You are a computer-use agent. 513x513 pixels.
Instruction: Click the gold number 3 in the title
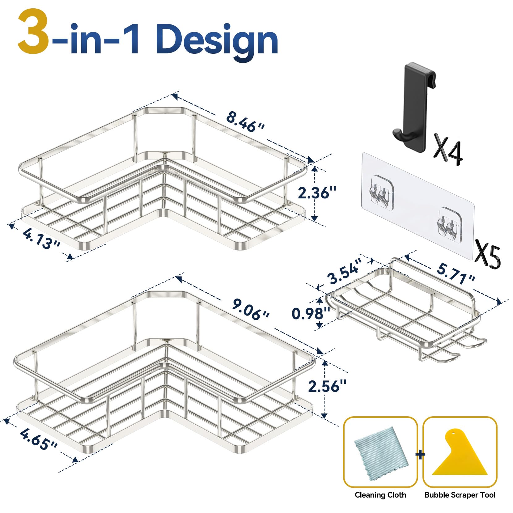(33, 32)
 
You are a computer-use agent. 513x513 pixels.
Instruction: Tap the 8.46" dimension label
(245, 122)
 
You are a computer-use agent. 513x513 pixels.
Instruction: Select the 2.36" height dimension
(317, 193)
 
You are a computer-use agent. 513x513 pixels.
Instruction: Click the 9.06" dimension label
(251, 309)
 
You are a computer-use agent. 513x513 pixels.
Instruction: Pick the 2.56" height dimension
(327, 386)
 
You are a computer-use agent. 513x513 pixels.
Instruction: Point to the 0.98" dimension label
(311, 313)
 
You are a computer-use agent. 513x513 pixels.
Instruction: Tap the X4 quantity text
(448, 149)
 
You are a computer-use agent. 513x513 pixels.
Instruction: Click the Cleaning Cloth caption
(380, 495)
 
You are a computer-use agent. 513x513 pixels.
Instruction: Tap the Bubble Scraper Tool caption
(460, 495)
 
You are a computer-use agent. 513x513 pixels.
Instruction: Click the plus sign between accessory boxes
(420, 455)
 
